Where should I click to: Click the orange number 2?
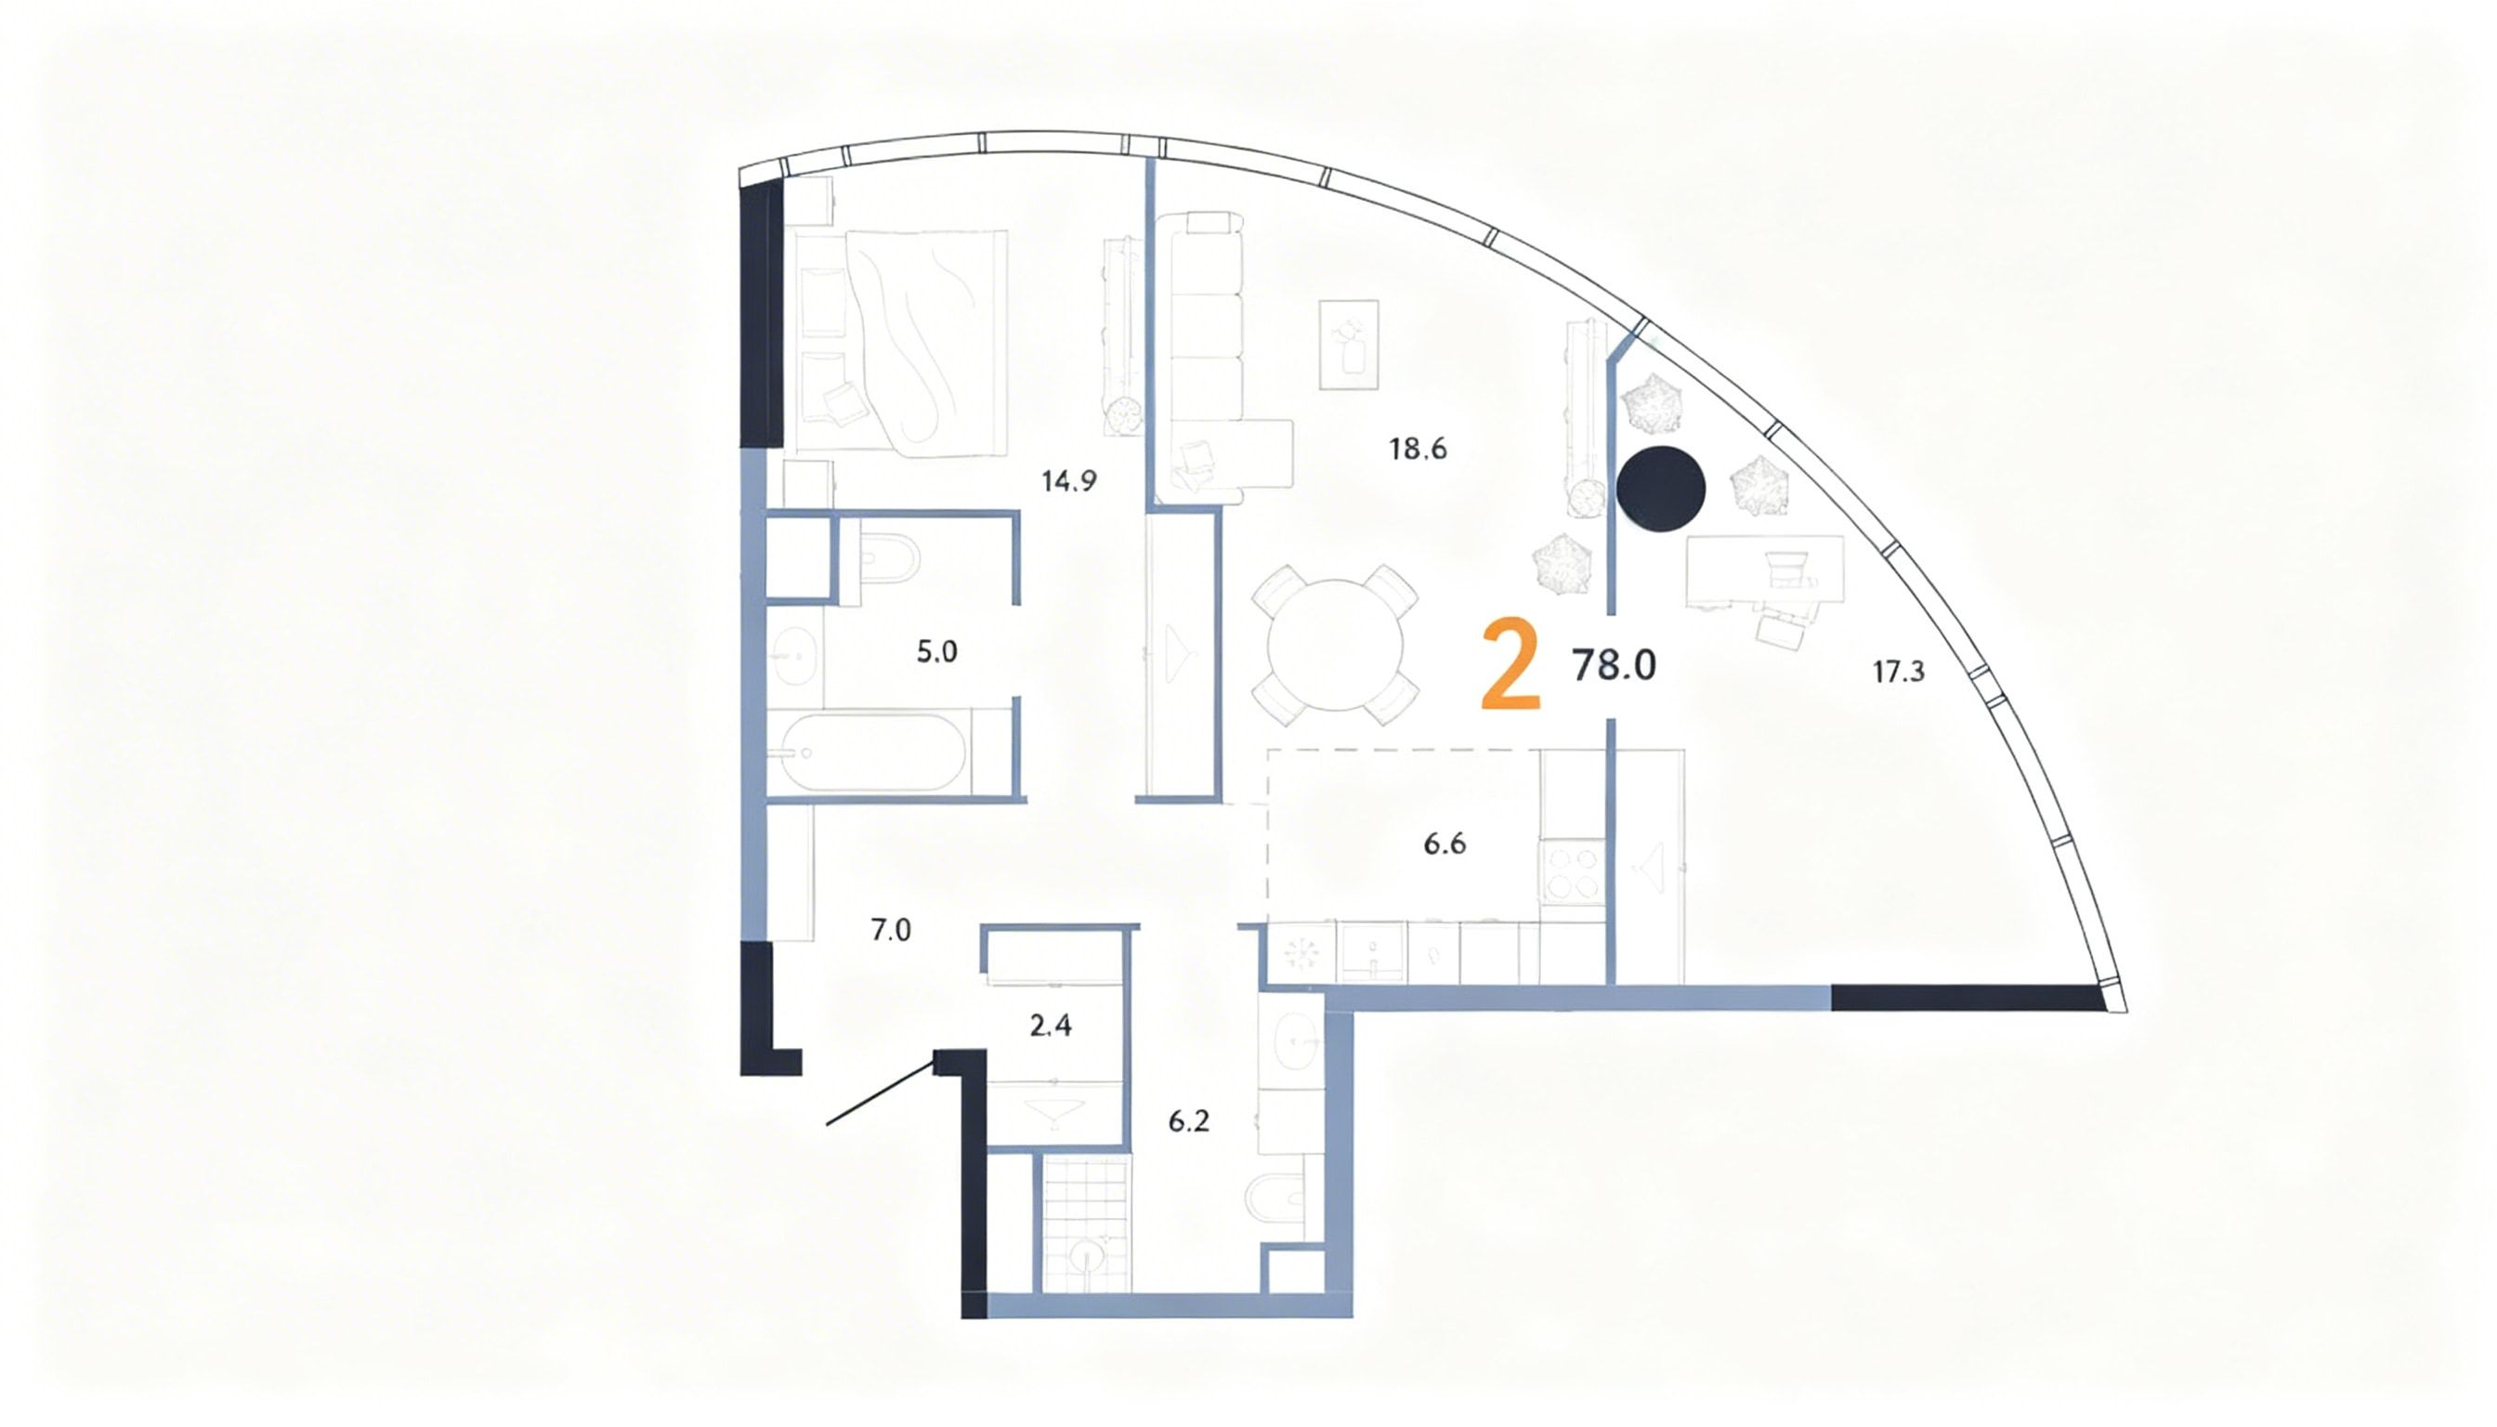pos(1510,663)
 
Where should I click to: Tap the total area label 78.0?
pos(1614,665)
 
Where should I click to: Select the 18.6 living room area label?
pos(1417,449)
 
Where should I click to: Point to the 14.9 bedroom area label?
pos(1069,481)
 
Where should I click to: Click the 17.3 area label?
pos(1898,673)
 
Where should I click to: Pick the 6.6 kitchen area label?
pos(1445,844)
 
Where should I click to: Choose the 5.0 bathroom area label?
pos(937,652)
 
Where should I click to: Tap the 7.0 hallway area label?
pos(891,930)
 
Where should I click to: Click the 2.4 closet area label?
pos(1051,1027)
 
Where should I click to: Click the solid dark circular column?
pos(1661,489)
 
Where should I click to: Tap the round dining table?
pos(1335,646)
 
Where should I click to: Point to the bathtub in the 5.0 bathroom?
pos(872,753)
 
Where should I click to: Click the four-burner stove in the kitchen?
pos(1572,871)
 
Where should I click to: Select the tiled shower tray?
pos(1086,1224)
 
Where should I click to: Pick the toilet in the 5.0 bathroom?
pos(889,559)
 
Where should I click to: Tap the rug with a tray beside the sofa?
pos(1350,345)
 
